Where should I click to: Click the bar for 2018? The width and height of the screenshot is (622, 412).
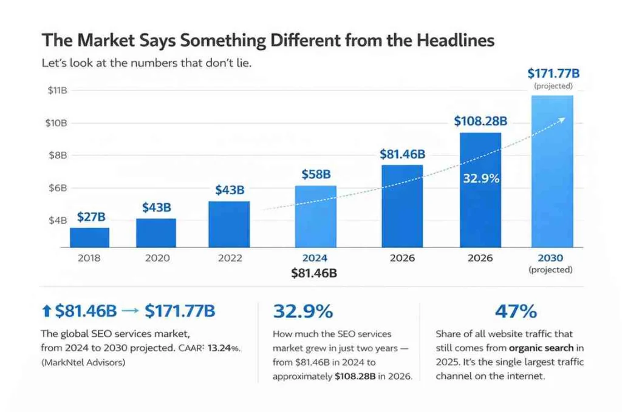tap(89, 237)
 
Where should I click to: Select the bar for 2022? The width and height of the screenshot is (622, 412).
tap(229, 224)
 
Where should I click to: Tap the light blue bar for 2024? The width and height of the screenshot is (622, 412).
tap(315, 216)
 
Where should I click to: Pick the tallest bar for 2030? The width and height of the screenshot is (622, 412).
tap(552, 171)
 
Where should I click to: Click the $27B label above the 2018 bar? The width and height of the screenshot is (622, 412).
tap(92, 217)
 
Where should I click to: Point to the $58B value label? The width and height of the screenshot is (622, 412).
tap(316, 175)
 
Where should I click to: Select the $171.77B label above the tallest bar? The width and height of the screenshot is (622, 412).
tap(553, 74)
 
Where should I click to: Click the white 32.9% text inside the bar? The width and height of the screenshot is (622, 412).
tap(480, 178)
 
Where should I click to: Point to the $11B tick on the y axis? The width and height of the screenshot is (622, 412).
tap(56, 90)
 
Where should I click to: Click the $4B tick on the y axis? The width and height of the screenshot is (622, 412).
tap(56, 220)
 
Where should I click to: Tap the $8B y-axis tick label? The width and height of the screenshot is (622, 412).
tap(56, 155)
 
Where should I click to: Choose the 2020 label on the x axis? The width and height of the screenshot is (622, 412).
tap(157, 258)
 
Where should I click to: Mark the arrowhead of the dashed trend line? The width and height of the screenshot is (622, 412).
tap(562, 120)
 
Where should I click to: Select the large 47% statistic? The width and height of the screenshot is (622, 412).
tap(516, 312)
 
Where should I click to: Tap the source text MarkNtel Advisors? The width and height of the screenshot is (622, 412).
tap(84, 363)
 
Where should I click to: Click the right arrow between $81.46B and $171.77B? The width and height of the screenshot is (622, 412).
tap(131, 312)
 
